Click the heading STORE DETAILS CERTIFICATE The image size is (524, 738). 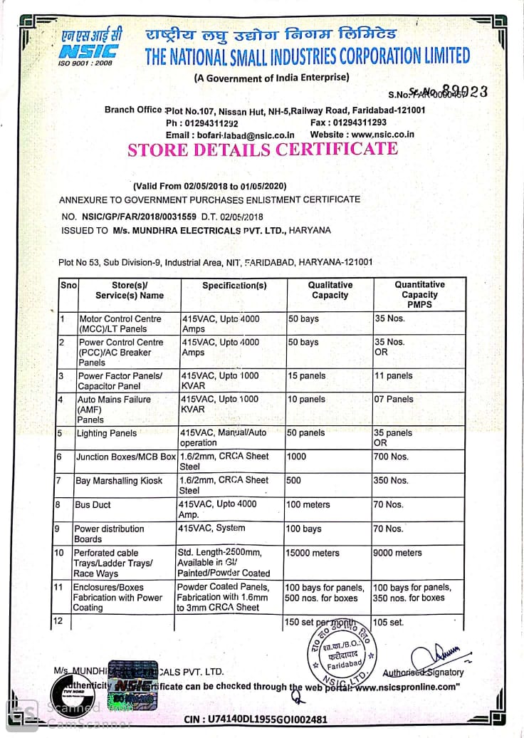(262, 150)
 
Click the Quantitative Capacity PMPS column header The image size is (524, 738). (419, 294)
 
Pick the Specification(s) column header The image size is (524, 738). (234, 286)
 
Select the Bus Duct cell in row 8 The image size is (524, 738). (93, 505)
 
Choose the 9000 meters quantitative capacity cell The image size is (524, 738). (397, 553)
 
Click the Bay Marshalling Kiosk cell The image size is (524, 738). (119, 481)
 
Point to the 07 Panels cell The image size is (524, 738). (394, 400)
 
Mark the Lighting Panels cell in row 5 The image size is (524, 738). (106, 433)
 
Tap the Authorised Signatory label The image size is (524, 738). (423, 672)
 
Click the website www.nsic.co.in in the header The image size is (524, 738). (382, 135)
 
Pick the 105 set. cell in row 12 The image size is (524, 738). (389, 623)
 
